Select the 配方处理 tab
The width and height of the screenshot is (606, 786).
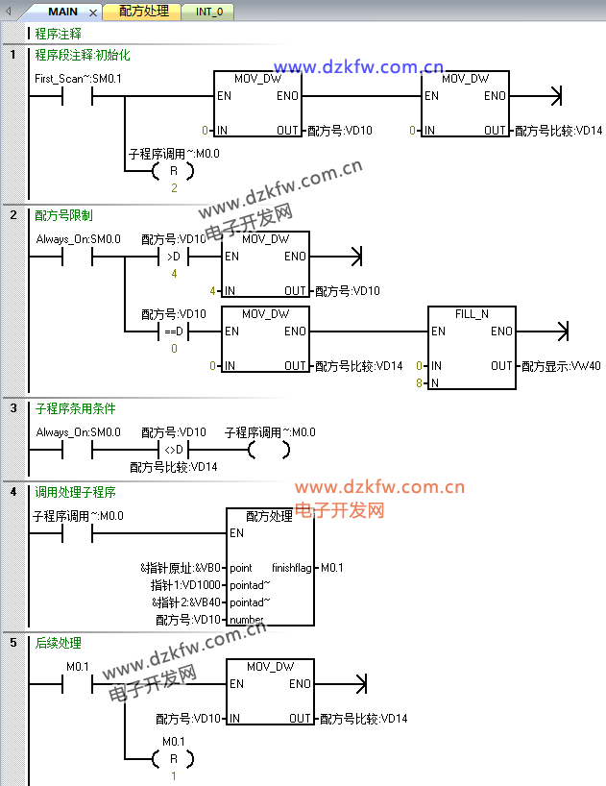pos(144,12)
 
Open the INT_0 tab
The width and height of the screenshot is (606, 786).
pos(208,12)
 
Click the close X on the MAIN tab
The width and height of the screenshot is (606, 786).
pos(93,13)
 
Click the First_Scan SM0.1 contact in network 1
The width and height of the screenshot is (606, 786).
pos(76,96)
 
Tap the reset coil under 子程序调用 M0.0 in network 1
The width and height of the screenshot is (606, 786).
pos(174,171)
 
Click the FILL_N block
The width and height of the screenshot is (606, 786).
pos(472,348)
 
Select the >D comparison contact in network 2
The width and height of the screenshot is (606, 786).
pos(174,257)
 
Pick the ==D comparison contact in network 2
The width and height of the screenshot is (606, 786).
pos(174,332)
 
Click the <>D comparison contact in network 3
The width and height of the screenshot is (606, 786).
pos(174,450)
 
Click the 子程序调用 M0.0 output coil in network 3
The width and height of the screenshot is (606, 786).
pos(268,450)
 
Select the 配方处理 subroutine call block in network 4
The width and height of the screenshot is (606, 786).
pos(270,567)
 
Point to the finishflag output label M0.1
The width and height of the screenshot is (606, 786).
pos(332,568)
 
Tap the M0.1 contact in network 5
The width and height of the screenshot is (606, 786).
pos(76,683)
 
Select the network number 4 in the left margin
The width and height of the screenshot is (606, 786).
pos(13,492)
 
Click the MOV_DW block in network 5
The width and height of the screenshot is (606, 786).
pos(270,691)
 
